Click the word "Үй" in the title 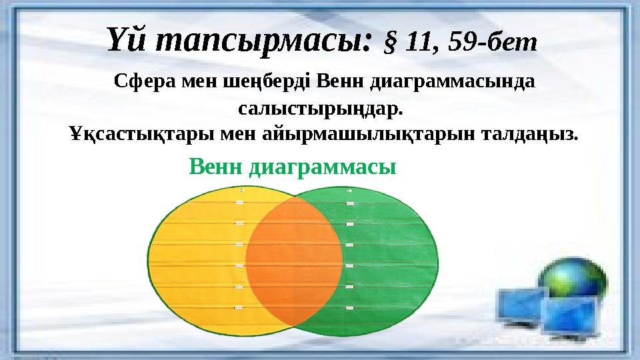(127, 41)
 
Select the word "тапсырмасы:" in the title (262, 42)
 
